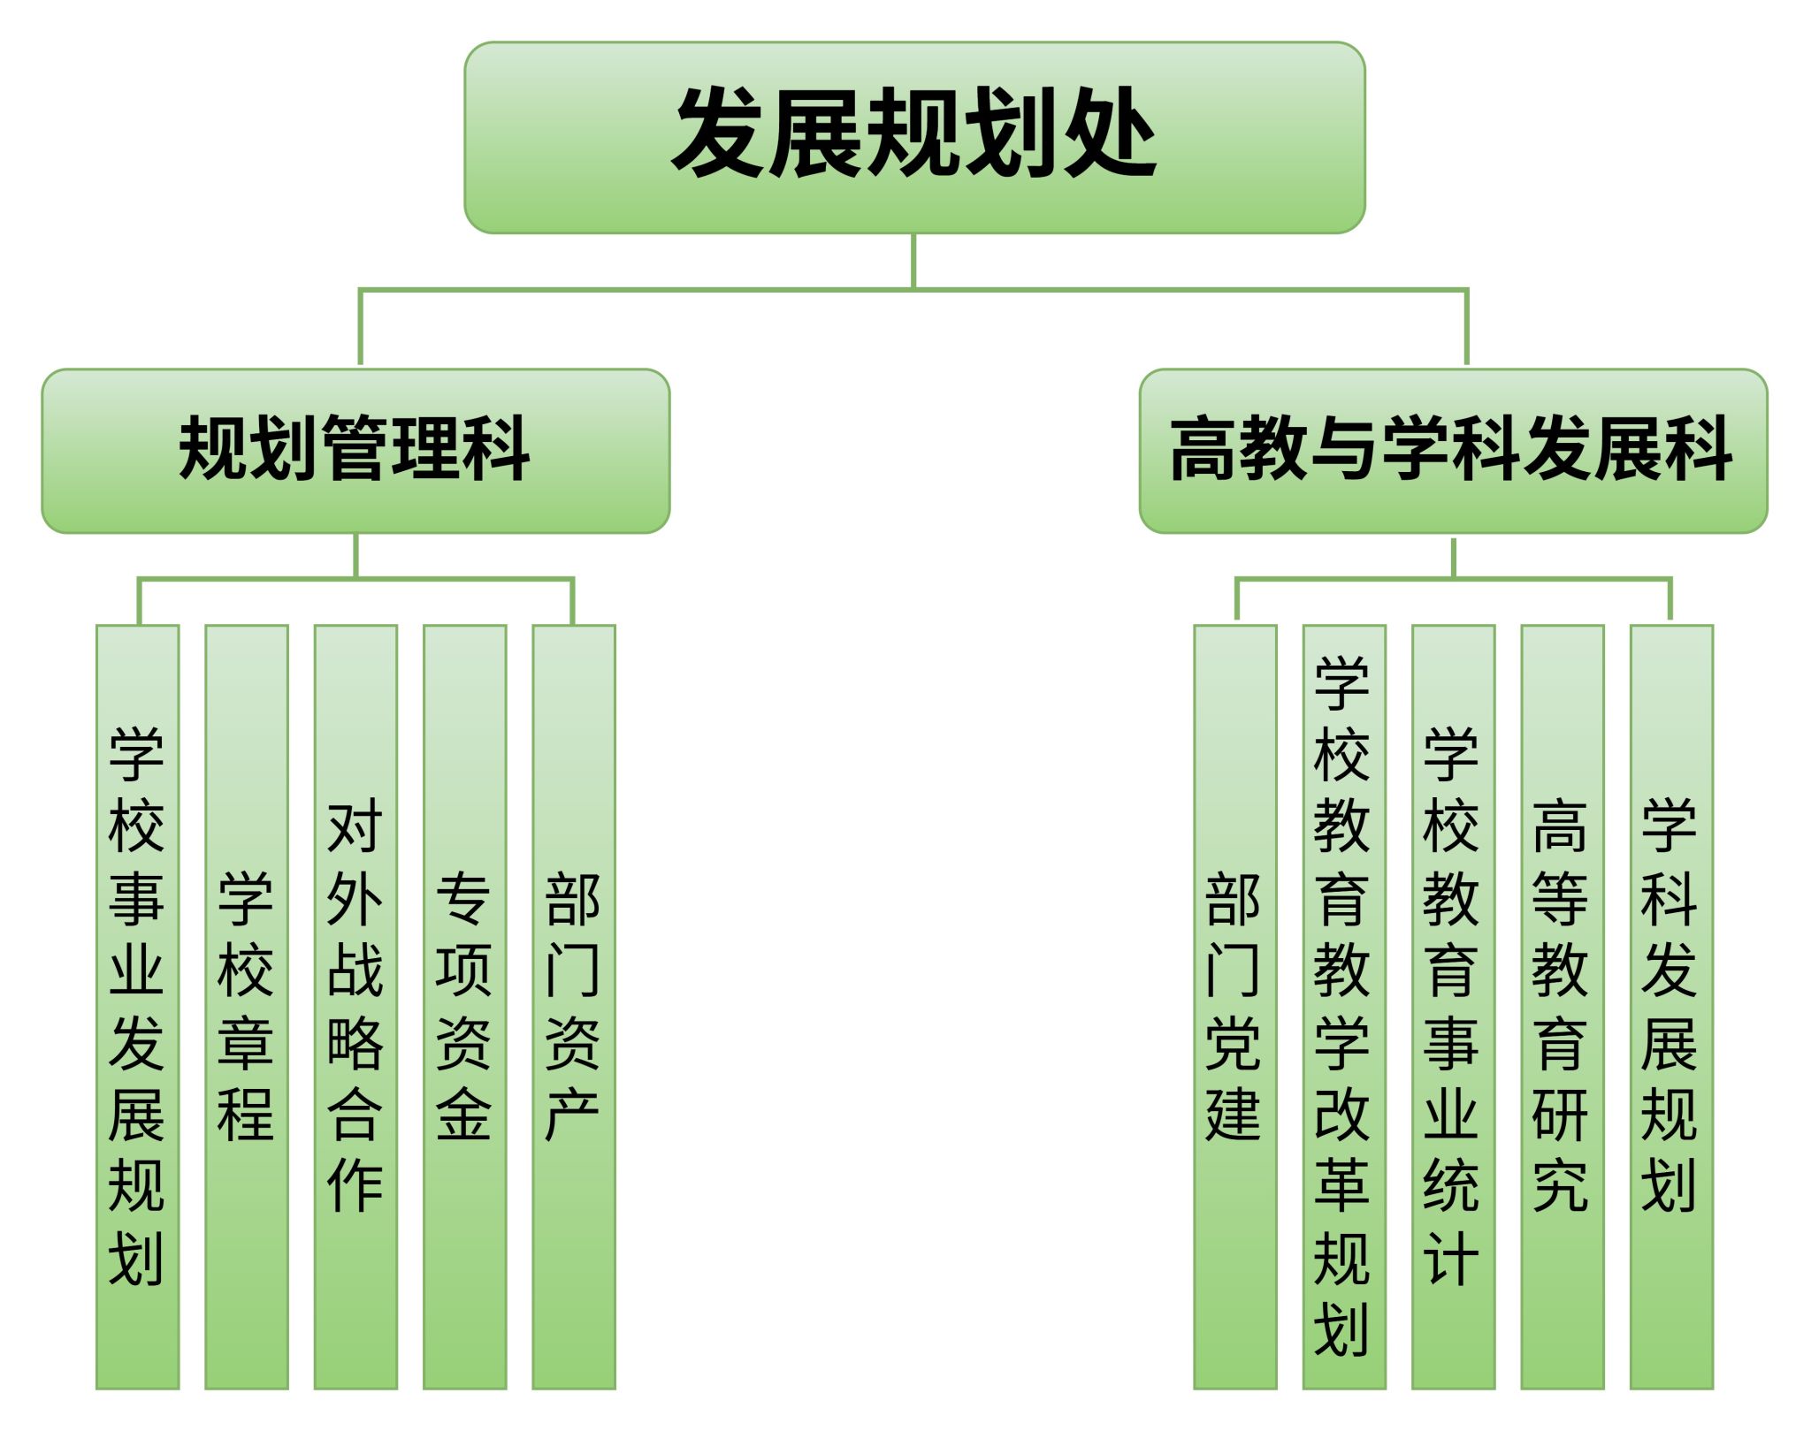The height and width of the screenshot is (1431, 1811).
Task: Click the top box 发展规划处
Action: click(914, 137)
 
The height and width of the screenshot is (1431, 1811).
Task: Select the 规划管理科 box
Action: click(355, 451)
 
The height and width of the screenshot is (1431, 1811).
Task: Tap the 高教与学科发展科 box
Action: click(1453, 451)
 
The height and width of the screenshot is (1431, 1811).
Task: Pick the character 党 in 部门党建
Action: click(1234, 1043)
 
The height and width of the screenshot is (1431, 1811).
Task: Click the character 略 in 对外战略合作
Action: click(355, 1043)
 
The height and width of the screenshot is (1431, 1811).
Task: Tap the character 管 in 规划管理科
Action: click(355, 449)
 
